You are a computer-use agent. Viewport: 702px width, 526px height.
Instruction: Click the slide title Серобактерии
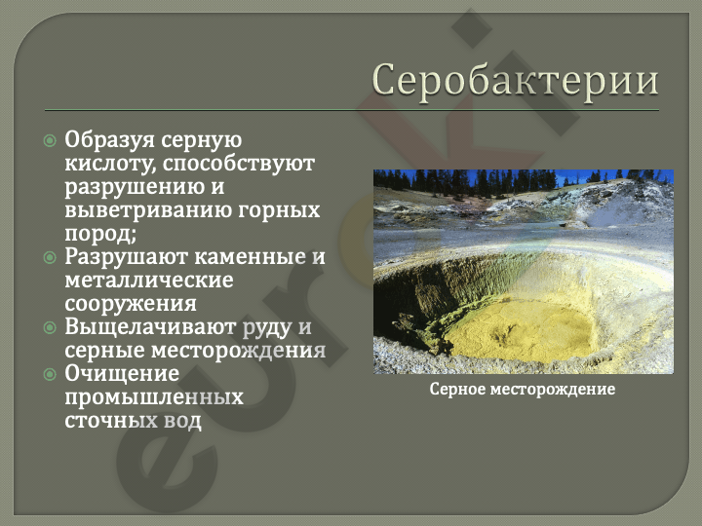pyautogui.click(x=516, y=82)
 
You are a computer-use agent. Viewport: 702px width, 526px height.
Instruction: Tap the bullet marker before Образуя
pyautogui.click(x=50, y=141)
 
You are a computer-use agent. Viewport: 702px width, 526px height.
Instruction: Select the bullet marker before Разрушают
pyautogui.click(x=50, y=257)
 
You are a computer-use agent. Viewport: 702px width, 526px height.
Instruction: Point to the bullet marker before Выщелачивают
pyautogui.click(x=50, y=327)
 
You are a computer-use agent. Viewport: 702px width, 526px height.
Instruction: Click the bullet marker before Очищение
pyautogui.click(x=50, y=374)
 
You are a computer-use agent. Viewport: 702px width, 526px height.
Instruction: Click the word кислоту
pyautogui.click(x=110, y=164)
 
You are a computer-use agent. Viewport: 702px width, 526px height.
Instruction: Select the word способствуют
pyautogui.click(x=239, y=165)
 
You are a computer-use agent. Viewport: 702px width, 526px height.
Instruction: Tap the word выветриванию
pyautogui.click(x=148, y=210)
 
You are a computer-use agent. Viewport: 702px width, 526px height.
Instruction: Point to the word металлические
pyautogui.click(x=149, y=281)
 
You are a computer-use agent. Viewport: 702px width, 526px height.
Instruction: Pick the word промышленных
pyautogui.click(x=154, y=397)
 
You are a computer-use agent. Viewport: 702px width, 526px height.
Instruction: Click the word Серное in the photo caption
pyautogui.click(x=457, y=389)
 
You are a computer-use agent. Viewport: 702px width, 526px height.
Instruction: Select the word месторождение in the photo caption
pyautogui.click(x=553, y=390)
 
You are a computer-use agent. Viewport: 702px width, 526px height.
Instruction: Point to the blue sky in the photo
pyautogui.click(x=577, y=178)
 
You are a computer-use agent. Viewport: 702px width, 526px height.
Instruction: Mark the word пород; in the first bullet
pyautogui.click(x=100, y=235)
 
